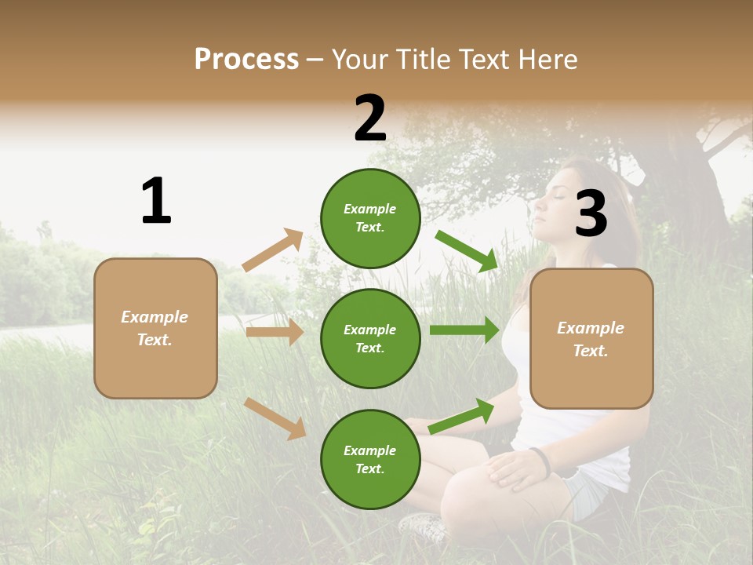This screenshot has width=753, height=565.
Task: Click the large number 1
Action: pos(156,201)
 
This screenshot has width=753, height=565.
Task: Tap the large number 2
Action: pos(370,119)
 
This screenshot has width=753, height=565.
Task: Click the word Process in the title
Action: pos(246,59)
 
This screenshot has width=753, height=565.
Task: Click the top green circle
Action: pos(370,218)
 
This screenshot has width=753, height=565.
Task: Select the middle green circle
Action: pos(370,338)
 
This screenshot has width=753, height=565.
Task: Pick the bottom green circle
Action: pos(370,459)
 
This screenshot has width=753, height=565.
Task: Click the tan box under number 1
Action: pos(155,328)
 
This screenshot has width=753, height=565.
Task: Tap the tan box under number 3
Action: pos(591,338)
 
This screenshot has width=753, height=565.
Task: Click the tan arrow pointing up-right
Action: pos(273,250)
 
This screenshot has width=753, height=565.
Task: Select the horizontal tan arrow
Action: pos(275,332)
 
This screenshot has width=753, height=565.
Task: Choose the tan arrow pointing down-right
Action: pos(275,418)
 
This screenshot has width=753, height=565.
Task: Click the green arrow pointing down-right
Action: pos(467,251)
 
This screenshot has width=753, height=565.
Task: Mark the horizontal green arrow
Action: pos(464,330)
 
